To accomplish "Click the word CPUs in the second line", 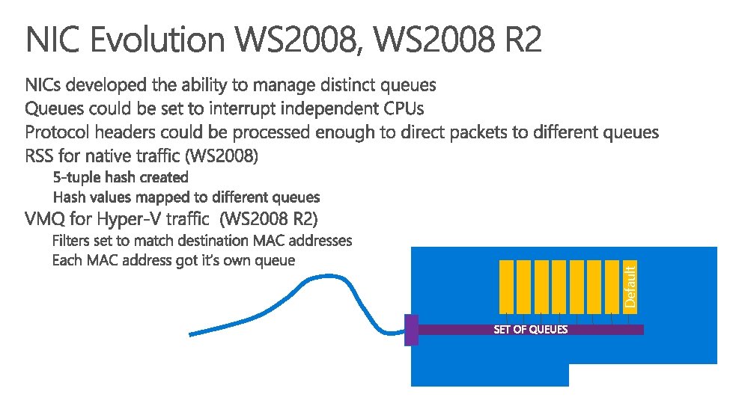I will (404, 108).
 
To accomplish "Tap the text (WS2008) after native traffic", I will (225, 157).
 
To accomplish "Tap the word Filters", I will (70, 241).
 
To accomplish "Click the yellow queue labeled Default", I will (630, 286).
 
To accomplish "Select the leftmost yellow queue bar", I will (506, 286).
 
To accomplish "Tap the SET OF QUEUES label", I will (530, 330).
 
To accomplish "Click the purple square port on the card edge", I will (411, 330).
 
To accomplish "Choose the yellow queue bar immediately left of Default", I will (613, 286).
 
